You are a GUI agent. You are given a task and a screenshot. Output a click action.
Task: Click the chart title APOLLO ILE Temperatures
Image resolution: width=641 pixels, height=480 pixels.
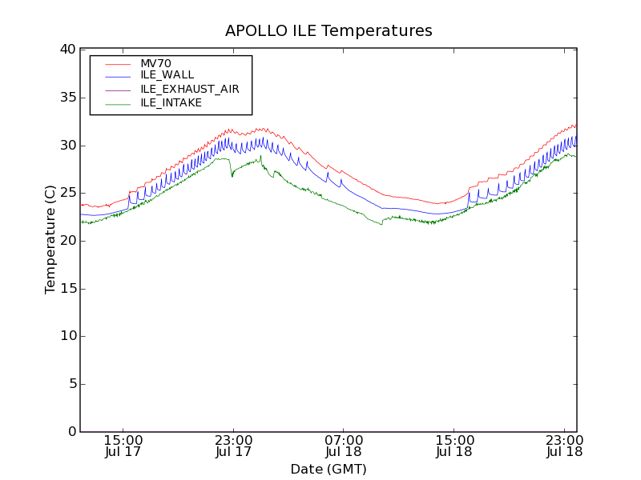click(x=329, y=31)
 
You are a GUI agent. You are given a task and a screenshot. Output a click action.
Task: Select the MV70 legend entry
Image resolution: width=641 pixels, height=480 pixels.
click(x=155, y=63)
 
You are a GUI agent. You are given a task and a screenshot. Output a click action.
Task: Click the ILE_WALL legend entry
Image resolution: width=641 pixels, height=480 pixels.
click(x=167, y=75)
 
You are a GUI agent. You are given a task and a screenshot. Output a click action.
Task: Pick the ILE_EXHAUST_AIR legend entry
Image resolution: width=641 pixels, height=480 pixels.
click(x=189, y=89)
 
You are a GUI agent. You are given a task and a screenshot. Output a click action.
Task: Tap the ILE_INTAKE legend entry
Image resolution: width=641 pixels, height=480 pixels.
click(x=171, y=102)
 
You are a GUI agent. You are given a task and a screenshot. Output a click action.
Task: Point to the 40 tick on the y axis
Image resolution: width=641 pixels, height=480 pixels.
click(x=67, y=50)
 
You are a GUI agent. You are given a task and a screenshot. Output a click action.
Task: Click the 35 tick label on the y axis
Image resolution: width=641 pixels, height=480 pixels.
click(x=67, y=98)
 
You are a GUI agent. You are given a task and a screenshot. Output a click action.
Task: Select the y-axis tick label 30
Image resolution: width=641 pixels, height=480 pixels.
click(x=67, y=145)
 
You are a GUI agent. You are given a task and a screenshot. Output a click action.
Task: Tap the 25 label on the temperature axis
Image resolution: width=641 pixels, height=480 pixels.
click(x=67, y=193)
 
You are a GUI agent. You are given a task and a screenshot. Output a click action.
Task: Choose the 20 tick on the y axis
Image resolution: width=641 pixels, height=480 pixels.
click(x=67, y=241)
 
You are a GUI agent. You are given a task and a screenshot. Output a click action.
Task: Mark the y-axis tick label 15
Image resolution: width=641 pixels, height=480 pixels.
click(x=67, y=289)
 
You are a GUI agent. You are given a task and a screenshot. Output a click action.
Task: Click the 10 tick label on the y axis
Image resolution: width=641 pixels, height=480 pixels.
click(x=67, y=336)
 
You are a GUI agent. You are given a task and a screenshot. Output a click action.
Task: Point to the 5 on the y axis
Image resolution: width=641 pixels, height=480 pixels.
click(x=71, y=384)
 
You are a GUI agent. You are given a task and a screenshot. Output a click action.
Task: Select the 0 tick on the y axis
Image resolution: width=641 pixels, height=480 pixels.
click(x=71, y=432)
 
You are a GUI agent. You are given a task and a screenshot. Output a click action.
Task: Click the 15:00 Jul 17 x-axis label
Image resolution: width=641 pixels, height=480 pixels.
click(x=123, y=446)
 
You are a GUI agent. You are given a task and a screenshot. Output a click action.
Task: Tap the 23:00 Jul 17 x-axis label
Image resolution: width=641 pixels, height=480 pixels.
click(x=234, y=446)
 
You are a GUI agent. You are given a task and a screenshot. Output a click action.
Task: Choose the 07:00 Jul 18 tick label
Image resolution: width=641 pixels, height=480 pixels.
click(x=344, y=446)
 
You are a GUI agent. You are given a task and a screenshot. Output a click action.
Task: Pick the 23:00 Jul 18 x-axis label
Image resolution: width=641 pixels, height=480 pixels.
click(x=564, y=446)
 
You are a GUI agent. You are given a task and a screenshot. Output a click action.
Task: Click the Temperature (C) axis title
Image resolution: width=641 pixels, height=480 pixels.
click(x=50, y=240)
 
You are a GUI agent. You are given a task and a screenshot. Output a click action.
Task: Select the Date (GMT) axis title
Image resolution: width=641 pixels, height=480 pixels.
click(x=329, y=469)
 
